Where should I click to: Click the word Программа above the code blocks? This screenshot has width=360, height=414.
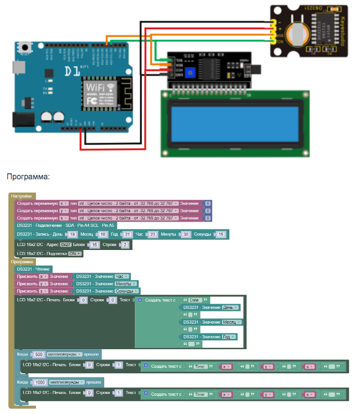tap(28, 177)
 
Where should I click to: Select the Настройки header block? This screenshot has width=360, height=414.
tap(21, 196)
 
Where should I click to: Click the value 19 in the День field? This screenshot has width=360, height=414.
tap(73, 235)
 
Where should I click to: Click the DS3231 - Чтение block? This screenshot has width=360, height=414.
tap(33, 269)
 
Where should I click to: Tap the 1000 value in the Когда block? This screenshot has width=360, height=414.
tap(40, 383)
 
